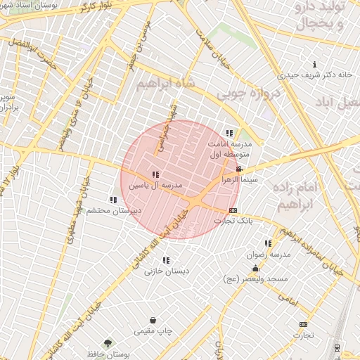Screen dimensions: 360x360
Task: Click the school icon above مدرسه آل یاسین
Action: (x=155, y=174)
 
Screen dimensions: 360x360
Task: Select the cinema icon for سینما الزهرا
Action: (x=240, y=169)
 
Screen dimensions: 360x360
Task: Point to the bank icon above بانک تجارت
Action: (x=233, y=210)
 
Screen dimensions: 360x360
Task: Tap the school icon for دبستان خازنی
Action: (x=166, y=260)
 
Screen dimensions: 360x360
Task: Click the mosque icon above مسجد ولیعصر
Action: (x=255, y=269)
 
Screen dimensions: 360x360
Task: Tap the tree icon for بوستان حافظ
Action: (x=108, y=343)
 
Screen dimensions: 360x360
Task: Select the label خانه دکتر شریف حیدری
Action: (x=314, y=74)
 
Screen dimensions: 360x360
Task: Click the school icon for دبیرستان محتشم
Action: (x=113, y=200)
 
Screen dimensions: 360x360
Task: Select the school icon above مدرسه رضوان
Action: (x=269, y=244)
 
